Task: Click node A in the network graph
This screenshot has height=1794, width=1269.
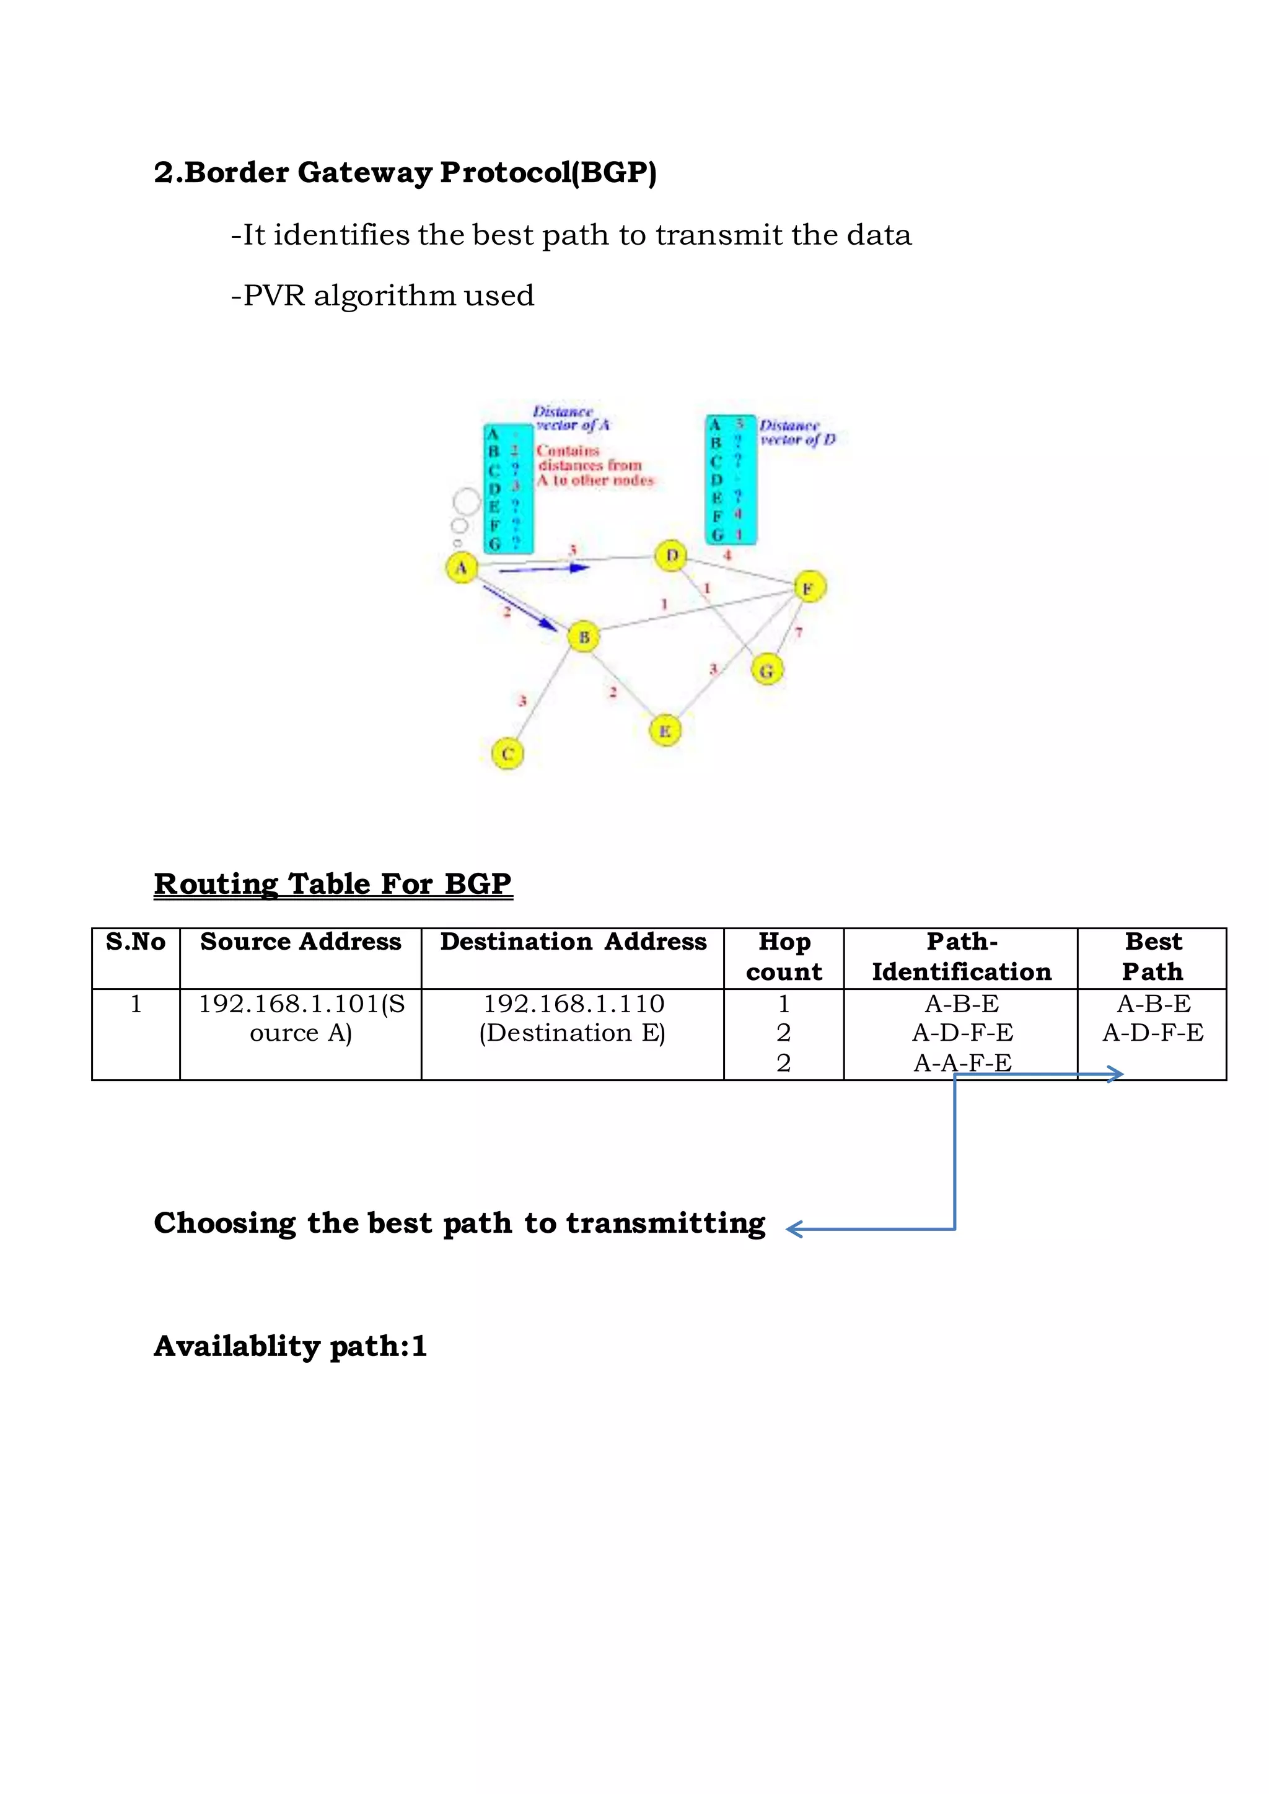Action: pyautogui.click(x=461, y=567)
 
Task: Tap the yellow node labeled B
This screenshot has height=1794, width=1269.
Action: pyautogui.click(x=583, y=637)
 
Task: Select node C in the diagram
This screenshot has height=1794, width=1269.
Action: pyautogui.click(x=507, y=754)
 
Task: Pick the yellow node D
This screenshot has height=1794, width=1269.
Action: pyautogui.click(x=671, y=556)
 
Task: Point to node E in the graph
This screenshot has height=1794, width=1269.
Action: pyautogui.click(x=665, y=732)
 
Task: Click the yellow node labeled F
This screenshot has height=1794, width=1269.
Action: pyautogui.click(x=809, y=587)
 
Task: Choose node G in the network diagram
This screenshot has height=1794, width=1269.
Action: pyautogui.click(x=766, y=670)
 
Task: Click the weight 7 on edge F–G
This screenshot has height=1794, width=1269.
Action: pyautogui.click(x=799, y=632)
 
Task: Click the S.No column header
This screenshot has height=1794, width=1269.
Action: pyautogui.click(x=136, y=942)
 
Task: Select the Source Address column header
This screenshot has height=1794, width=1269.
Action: pyautogui.click(x=301, y=942)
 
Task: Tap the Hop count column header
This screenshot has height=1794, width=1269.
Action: pyautogui.click(x=784, y=957)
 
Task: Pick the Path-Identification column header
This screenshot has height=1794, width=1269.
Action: pyautogui.click(x=961, y=957)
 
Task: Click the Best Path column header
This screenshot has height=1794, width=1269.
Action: pyautogui.click(x=1153, y=957)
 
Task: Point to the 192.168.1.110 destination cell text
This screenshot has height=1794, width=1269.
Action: pyautogui.click(x=574, y=1004)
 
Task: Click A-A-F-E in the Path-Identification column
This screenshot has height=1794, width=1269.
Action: pyautogui.click(x=962, y=1062)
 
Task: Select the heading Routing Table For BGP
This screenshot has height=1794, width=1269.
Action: pyautogui.click(x=333, y=884)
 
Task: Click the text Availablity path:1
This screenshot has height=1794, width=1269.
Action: pyautogui.click(x=291, y=1346)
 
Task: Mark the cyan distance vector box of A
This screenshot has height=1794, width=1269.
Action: pyautogui.click(x=508, y=488)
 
